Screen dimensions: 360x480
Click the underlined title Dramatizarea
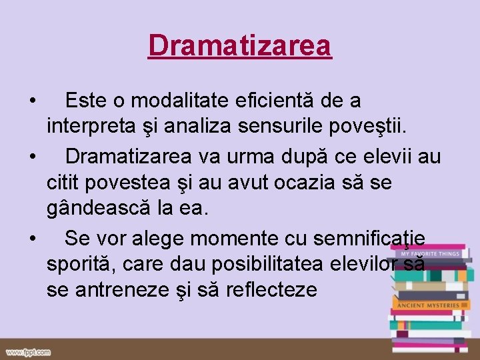[240, 45]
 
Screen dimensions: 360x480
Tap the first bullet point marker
[33, 101]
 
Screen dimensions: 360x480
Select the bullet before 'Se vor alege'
[33, 238]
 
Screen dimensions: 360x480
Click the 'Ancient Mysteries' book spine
[428, 305]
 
